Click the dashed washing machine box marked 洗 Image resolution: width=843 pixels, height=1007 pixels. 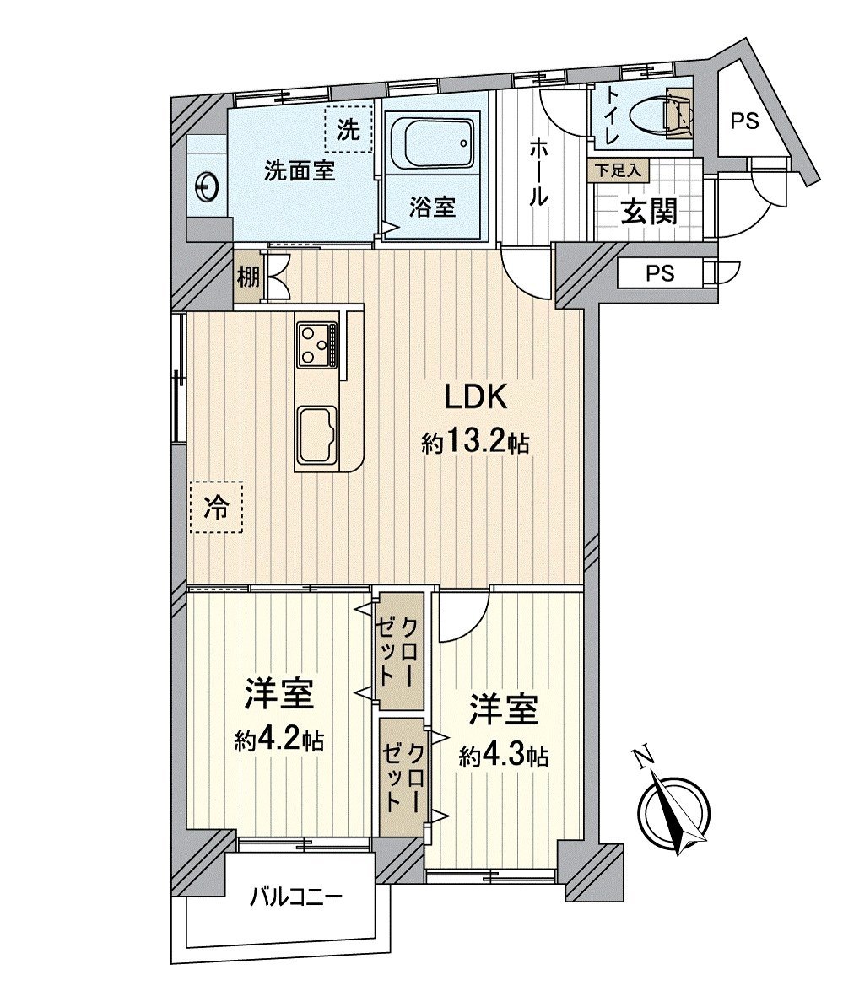(x=349, y=129)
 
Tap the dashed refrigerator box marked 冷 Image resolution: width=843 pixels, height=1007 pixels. (x=217, y=507)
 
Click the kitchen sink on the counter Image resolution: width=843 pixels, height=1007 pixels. (x=316, y=433)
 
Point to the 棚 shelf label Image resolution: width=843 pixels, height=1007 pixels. (x=246, y=277)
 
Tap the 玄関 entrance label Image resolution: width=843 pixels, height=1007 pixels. (x=649, y=211)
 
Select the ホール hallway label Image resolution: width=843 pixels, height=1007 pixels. (x=538, y=173)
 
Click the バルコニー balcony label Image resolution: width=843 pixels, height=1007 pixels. (x=295, y=896)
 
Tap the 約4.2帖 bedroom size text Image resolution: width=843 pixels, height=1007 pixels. (x=278, y=741)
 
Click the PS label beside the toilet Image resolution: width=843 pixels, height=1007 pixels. (x=744, y=121)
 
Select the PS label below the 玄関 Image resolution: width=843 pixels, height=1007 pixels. (x=660, y=274)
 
